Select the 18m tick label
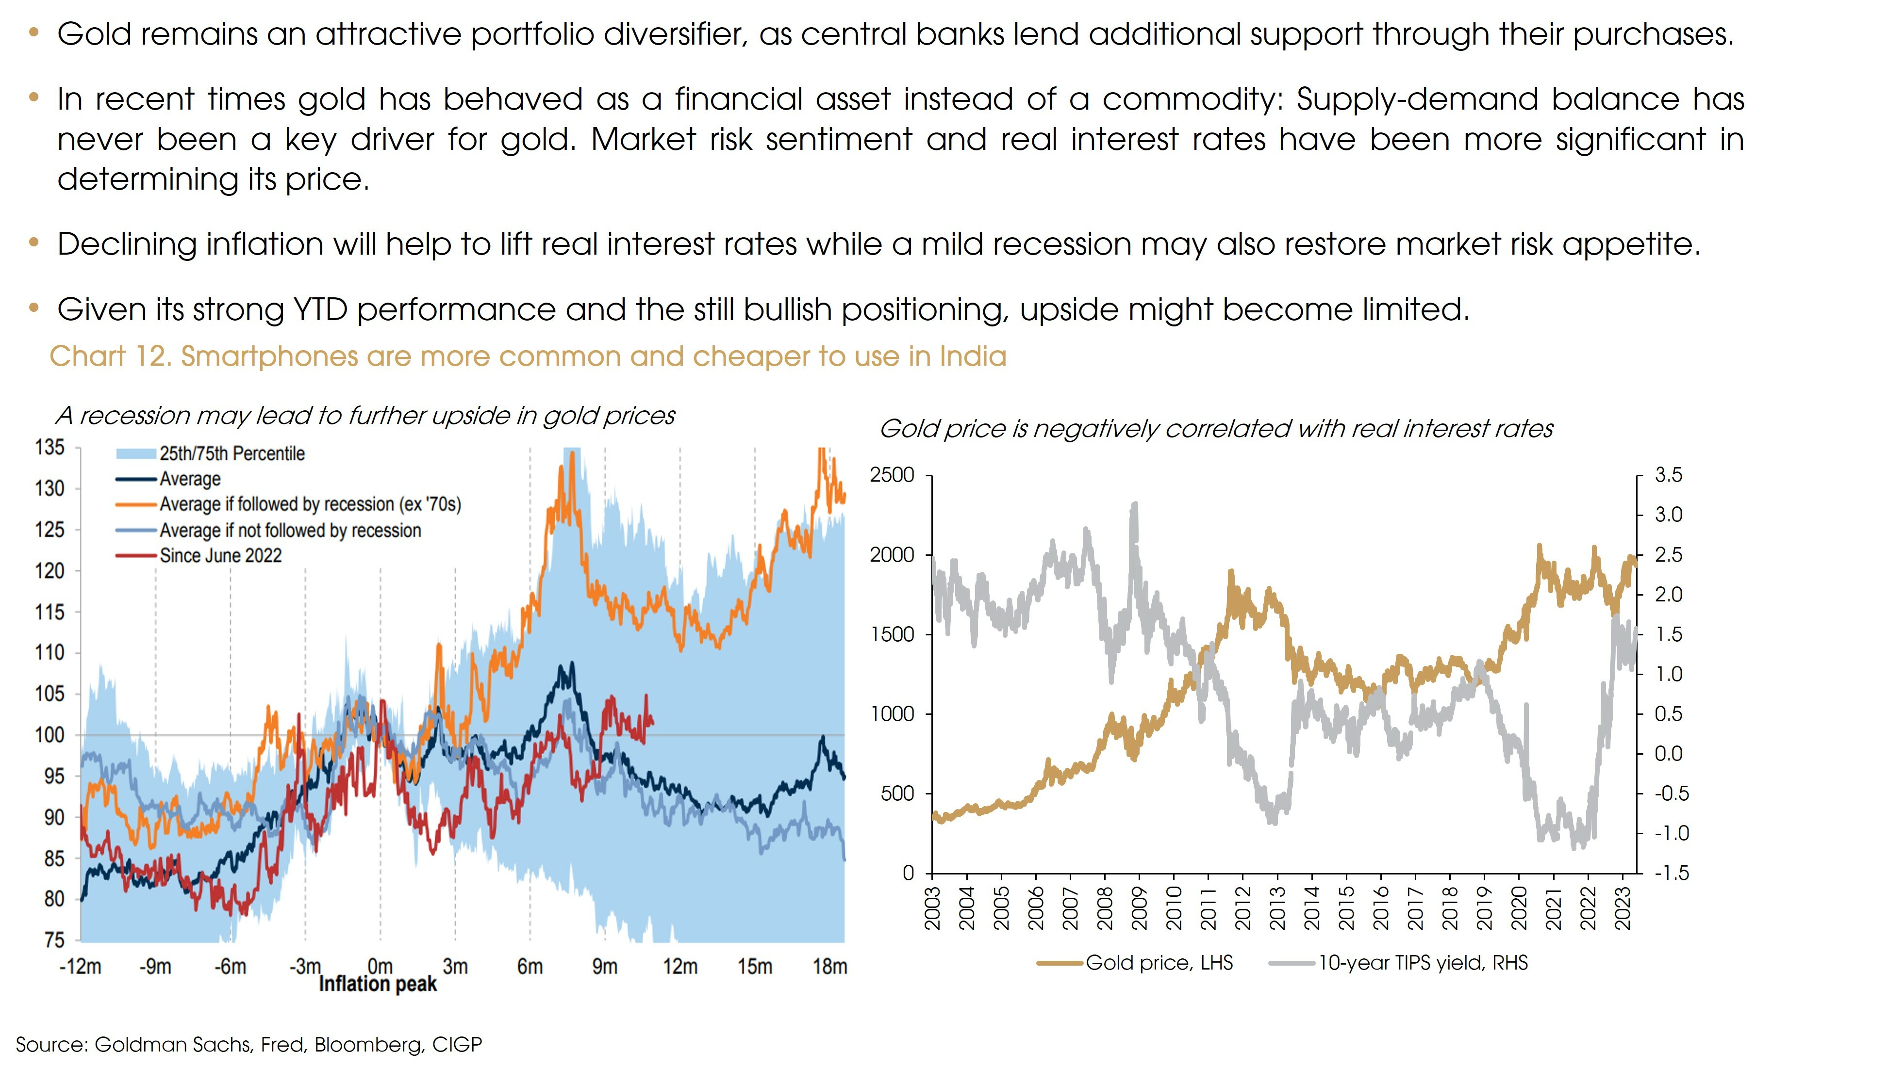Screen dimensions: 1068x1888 click(830, 967)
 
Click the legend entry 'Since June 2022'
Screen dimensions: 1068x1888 click(220, 555)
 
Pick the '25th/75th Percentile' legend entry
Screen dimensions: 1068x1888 click(232, 453)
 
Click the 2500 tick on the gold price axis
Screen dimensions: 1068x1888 click(892, 475)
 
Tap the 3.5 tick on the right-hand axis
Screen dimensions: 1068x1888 click(1668, 475)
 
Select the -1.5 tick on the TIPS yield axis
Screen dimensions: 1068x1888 click(1671, 873)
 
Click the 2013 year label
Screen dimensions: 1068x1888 click(1277, 908)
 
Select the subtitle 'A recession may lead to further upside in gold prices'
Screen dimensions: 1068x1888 click(364, 416)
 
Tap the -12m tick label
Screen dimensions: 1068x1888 click(80, 967)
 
